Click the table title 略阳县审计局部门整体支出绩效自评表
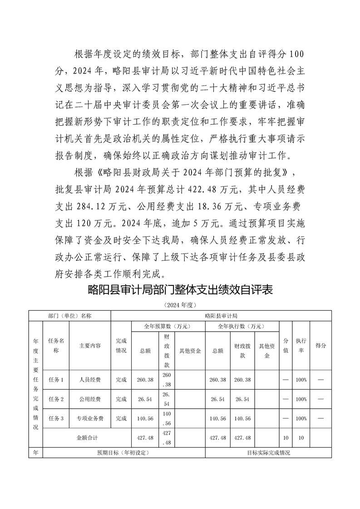180,290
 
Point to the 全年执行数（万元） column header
242,326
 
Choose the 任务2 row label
56,399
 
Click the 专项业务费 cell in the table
90,418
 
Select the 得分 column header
321,346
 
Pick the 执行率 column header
301,346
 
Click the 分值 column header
286,346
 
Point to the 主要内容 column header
90,346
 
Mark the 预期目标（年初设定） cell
123,453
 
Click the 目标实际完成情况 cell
268,453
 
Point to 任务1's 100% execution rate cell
301,380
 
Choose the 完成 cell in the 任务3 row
121,418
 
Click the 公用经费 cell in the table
90,399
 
